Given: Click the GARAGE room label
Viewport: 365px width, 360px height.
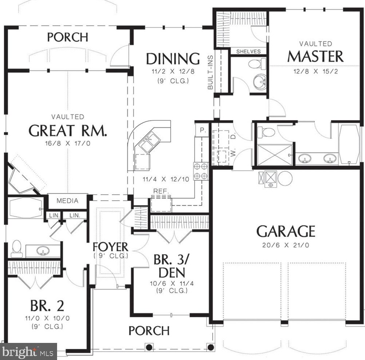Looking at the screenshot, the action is click(286, 231).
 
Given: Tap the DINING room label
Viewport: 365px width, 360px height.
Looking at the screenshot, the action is click(173, 59).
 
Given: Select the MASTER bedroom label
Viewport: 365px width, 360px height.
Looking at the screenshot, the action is click(316, 56).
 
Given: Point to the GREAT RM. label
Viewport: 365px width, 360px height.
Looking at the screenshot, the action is click(68, 131).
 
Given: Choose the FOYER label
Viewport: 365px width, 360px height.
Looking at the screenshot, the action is click(111, 247).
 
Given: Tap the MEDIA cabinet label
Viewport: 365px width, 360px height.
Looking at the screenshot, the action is click(68, 201).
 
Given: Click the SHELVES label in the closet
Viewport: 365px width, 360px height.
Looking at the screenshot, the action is click(248, 52).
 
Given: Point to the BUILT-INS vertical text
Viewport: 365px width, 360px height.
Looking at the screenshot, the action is click(210, 72).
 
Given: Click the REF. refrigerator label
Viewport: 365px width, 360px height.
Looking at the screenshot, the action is click(161, 191).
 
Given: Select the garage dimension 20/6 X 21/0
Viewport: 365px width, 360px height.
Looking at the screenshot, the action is click(286, 245).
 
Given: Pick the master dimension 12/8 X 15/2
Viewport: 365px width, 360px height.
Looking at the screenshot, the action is click(316, 71).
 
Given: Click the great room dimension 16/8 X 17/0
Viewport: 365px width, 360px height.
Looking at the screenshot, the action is click(68, 143).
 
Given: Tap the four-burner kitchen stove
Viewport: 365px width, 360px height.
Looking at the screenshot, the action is click(201, 171).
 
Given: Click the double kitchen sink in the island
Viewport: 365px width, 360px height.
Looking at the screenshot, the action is click(149, 143).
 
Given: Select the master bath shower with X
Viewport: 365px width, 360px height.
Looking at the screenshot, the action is click(275, 155).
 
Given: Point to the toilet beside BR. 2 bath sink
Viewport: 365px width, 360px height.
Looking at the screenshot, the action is click(16, 249).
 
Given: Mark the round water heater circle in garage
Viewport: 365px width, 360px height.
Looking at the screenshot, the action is click(285, 179).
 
